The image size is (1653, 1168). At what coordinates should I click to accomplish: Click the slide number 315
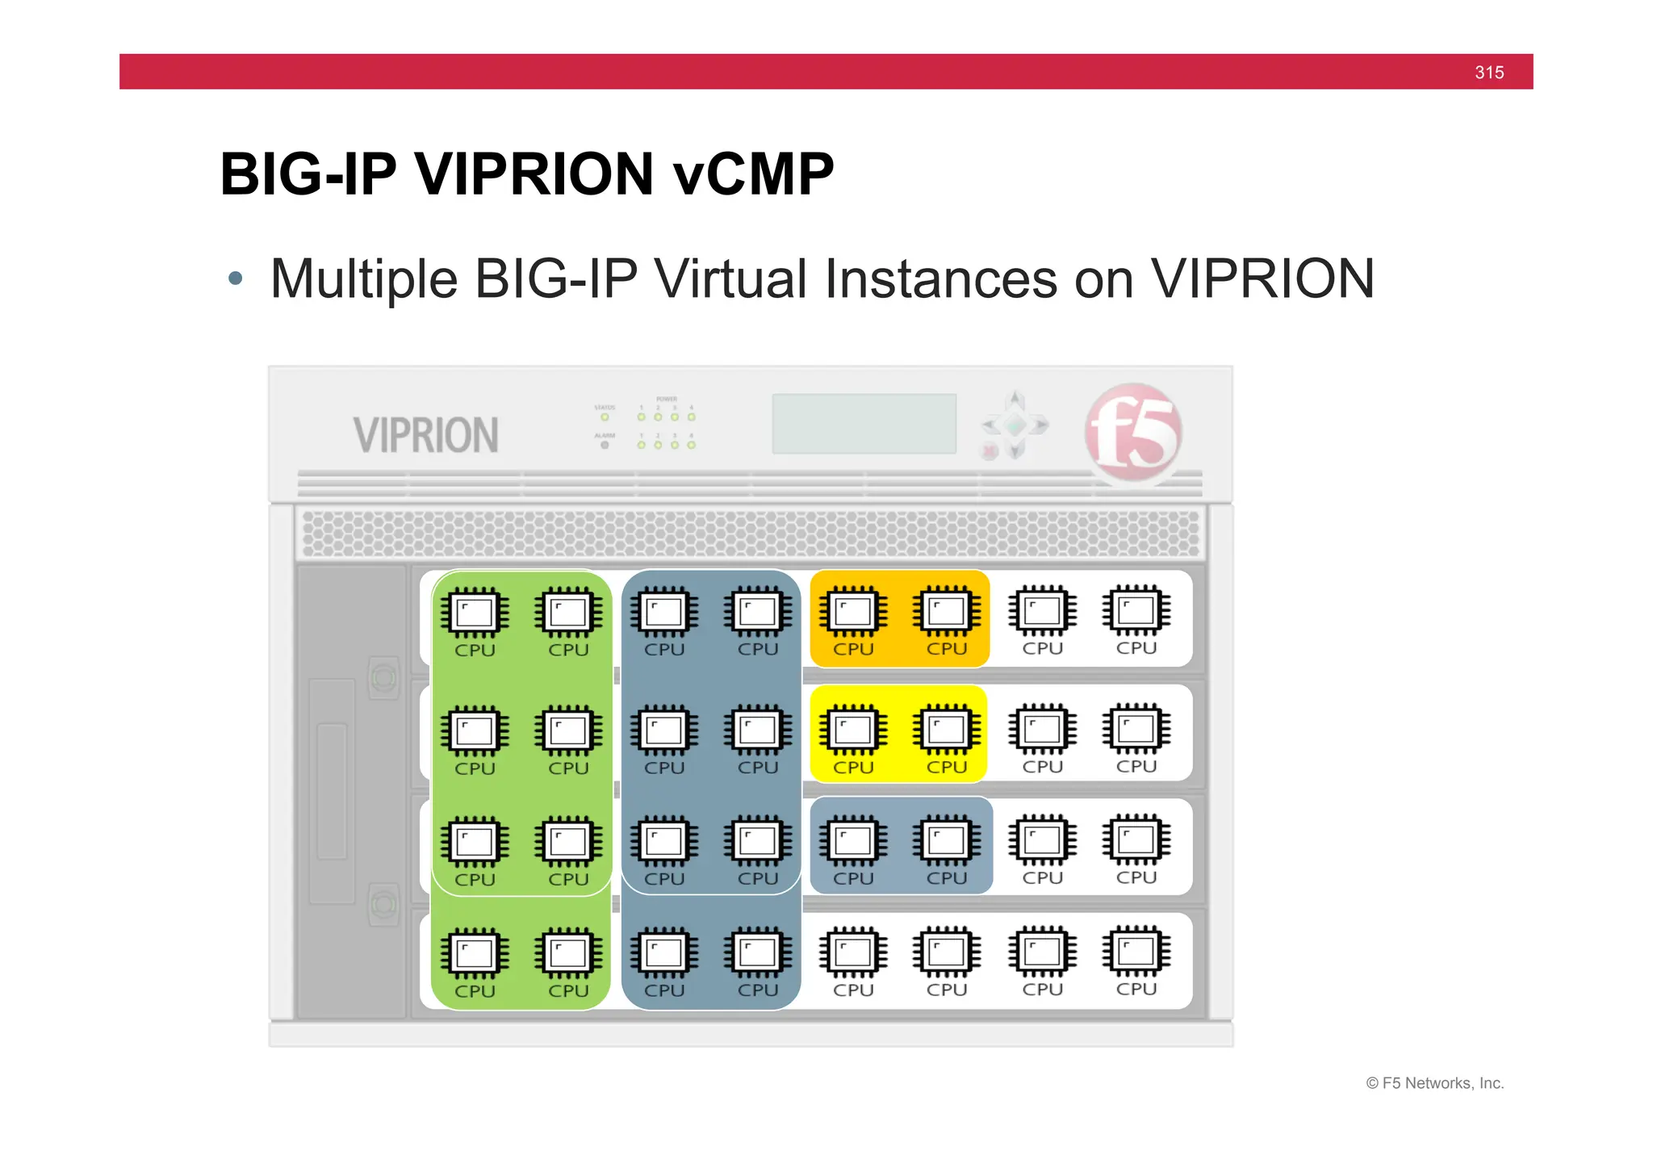click(x=1488, y=73)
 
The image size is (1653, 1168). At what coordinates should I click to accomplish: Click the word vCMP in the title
click(x=753, y=174)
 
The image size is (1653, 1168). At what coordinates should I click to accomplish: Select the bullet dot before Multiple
click(x=235, y=279)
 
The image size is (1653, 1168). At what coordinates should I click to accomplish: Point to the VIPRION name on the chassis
click(x=425, y=435)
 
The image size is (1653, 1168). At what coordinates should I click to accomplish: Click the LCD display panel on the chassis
click(x=864, y=424)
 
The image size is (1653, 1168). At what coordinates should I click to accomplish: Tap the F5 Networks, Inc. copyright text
click(x=1435, y=1083)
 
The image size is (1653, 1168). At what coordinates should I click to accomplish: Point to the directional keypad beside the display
click(x=1015, y=425)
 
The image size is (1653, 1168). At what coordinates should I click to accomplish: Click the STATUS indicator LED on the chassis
click(x=605, y=417)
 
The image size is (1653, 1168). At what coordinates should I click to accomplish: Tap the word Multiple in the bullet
click(x=364, y=279)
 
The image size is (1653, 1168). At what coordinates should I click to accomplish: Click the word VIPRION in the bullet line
click(x=1262, y=279)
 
